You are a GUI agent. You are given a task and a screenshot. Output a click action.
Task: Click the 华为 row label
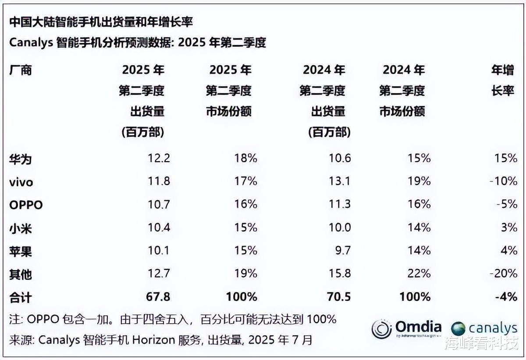[x=20, y=159]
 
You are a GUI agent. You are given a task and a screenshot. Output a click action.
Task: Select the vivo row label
[x=21, y=182]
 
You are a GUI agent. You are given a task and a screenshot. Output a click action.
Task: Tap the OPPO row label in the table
[x=26, y=205]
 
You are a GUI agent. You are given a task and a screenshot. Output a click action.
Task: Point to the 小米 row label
[x=20, y=228]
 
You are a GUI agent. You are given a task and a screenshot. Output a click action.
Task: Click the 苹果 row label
[x=20, y=251]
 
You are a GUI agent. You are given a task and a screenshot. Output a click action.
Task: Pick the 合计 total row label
[x=20, y=297]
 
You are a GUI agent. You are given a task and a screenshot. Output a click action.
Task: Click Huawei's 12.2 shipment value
[x=158, y=158]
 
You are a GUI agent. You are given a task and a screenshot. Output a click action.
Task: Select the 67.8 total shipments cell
[x=158, y=297]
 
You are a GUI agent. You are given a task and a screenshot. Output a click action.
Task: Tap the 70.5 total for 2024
[x=339, y=297]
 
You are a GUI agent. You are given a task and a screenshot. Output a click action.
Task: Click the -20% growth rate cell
[x=503, y=274]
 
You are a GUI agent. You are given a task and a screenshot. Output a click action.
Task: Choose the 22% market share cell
[x=418, y=274]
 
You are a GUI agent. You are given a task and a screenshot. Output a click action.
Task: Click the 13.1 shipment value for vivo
[x=339, y=181]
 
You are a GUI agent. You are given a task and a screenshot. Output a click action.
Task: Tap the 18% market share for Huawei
[x=245, y=158]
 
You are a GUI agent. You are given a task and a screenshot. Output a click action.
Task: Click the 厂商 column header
[x=20, y=70]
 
